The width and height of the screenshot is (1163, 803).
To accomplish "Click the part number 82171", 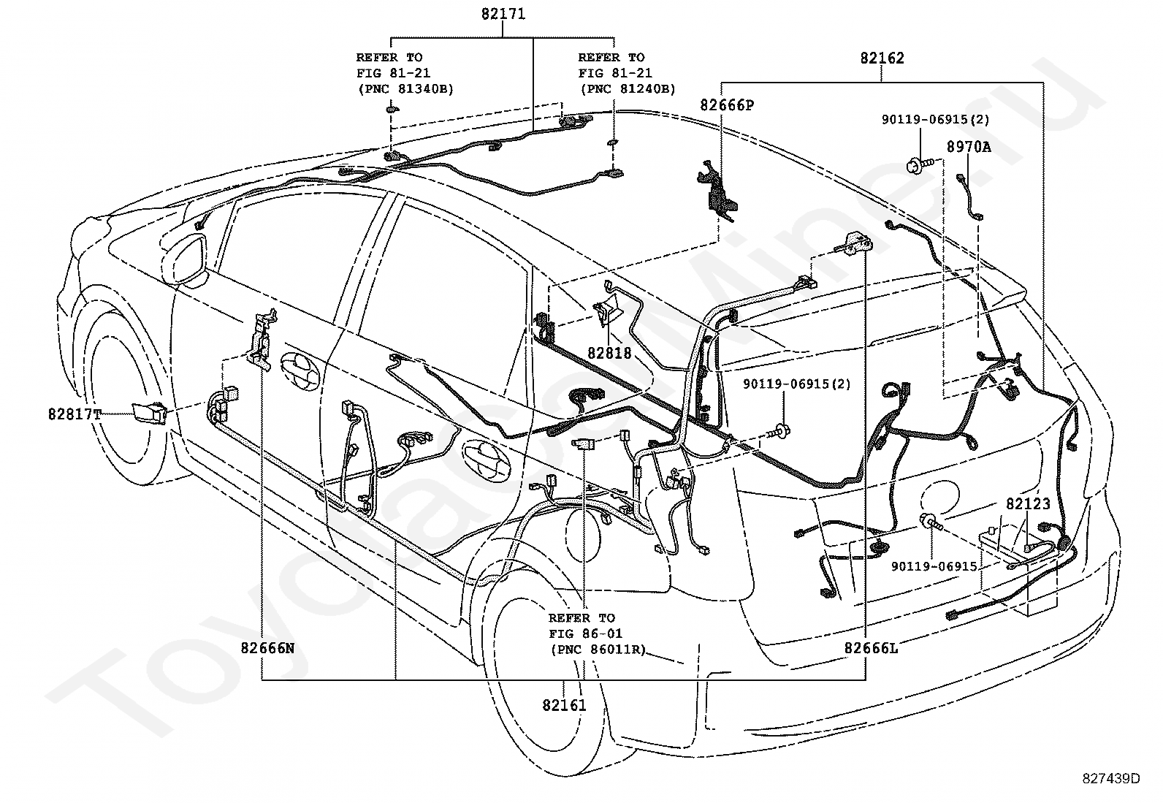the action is tap(503, 14).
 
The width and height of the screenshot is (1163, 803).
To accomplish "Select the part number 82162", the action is tap(882, 58).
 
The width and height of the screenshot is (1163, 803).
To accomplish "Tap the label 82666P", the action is tap(727, 105).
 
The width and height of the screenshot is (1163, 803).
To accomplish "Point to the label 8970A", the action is tap(969, 147).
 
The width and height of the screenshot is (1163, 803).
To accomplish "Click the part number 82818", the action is tap(609, 353).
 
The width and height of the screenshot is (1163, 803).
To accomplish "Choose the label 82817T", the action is tap(75, 414).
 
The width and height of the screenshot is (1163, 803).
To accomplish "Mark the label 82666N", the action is tap(267, 648).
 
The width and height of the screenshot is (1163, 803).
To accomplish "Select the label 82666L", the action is tap(872, 648).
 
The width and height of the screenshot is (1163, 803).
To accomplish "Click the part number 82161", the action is tap(565, 705).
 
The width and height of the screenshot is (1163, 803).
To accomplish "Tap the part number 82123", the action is tap(1028, 504).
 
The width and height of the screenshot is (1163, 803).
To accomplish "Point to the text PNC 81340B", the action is tap(406, 89).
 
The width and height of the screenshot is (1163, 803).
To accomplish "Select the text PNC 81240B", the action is tap(628, 89).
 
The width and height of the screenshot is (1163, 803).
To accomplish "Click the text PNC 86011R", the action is tap(598, 650).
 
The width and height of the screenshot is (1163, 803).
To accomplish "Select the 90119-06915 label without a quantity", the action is tap(934, 567).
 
